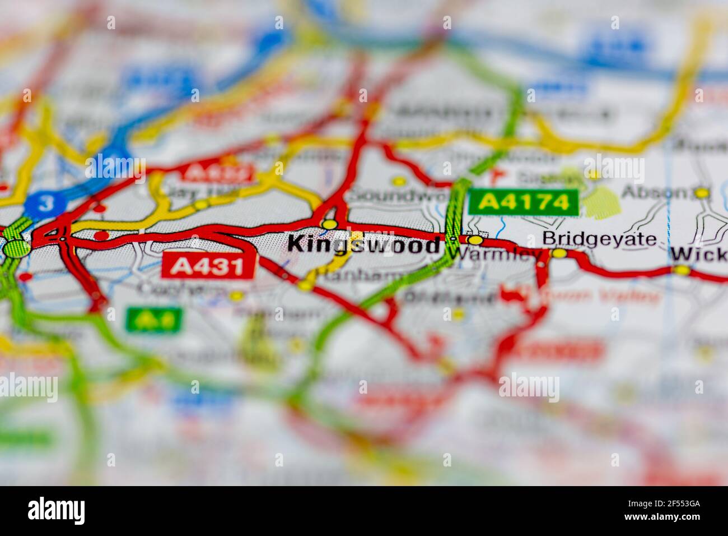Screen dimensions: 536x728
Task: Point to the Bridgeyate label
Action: click(599, 239)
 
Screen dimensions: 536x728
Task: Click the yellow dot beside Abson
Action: click(702, 193)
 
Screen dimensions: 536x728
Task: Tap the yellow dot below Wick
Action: click(682, 271)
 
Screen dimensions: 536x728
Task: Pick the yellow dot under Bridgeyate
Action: click(559, 253)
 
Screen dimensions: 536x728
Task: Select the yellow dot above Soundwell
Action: click(399, 181)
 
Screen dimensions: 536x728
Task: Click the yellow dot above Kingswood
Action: click(329, 224)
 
